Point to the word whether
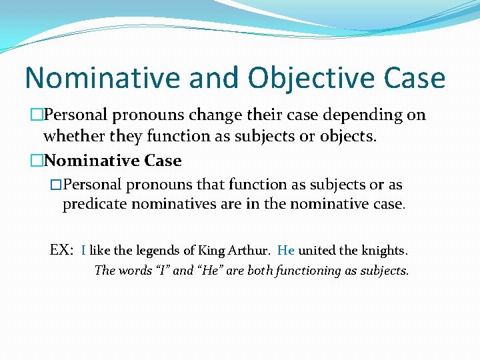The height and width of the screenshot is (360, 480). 71,137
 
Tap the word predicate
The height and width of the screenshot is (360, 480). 95,204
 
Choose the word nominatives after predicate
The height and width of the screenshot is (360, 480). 174,204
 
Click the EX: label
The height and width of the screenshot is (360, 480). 62,250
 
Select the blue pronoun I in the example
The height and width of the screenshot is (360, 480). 83,251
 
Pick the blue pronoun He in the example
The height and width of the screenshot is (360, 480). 285,251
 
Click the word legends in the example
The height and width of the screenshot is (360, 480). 155,251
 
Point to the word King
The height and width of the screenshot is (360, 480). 212,251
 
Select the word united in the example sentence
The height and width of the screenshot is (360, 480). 317,251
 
